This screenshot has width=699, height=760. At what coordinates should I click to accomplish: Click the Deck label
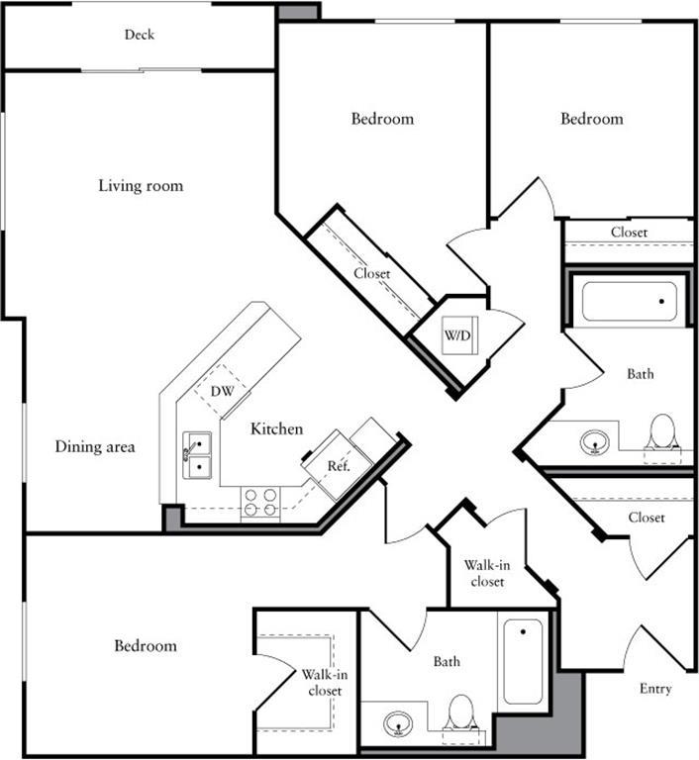[x=140, y=35]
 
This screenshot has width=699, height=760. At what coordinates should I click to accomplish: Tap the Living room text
[x=141, y=186]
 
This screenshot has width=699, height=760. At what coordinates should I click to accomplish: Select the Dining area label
[x=95, y=447]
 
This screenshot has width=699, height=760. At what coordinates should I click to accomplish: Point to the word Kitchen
[x=276, y=429]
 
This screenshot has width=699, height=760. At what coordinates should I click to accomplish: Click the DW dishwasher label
[x=223, y=391]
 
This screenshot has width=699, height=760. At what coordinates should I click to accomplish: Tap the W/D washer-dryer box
[x=456, y=335]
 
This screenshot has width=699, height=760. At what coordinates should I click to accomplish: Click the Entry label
[x=655, y=689]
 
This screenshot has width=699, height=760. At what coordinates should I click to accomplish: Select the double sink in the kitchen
[x=197, y=454]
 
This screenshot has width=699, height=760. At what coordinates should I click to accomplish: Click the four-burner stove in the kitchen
[x=260, y=503]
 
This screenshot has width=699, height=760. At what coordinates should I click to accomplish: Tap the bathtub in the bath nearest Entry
[x=523, y=661]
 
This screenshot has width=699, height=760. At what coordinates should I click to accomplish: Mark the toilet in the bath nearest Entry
[x=460, y=712]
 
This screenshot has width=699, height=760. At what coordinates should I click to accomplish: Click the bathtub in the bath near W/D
[x=629, y=301]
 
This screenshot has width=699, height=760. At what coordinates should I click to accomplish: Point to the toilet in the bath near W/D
[x=661, y=432]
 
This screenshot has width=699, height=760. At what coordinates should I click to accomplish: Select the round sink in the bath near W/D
[x=595, y=441]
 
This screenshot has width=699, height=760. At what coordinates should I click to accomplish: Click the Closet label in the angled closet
[x=372, y=274]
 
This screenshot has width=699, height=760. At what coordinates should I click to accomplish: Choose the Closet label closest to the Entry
[x=647, y=518]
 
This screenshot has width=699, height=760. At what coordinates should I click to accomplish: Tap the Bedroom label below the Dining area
[x=146, y=646]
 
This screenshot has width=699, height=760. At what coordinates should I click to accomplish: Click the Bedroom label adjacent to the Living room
[x=382, y=119]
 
